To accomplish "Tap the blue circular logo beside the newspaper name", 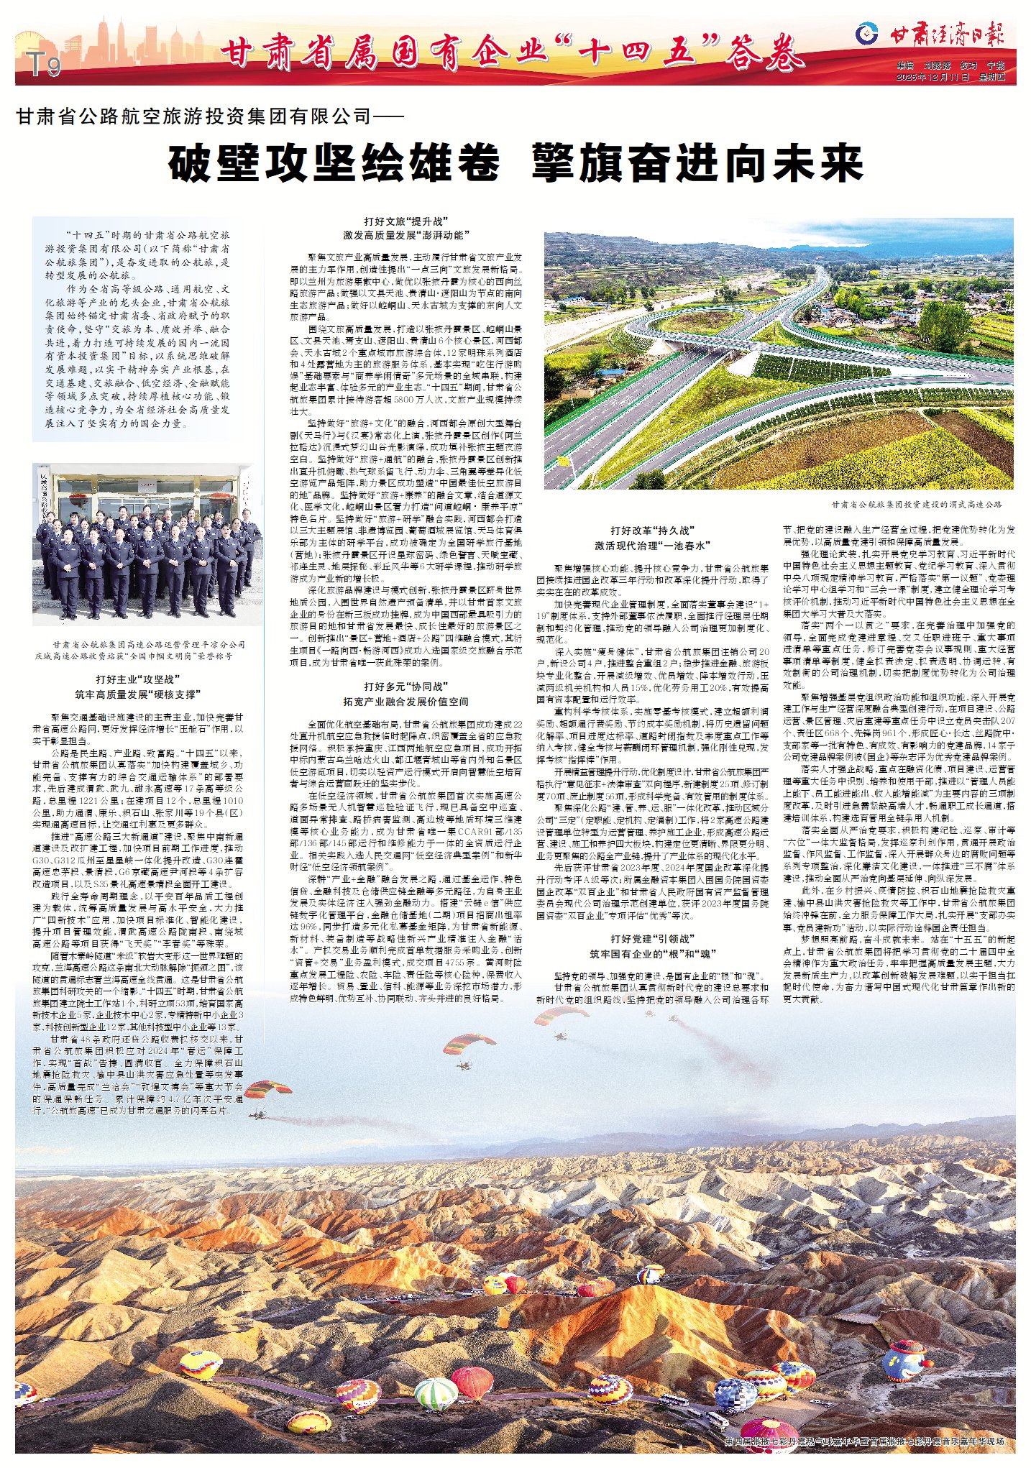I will tap(868, 32).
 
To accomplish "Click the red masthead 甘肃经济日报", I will tap(948, 34).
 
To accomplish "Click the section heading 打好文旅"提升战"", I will tap(405, 221).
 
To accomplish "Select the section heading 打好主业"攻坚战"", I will tap(138, 679).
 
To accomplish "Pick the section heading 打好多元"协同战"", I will tap(405, 687).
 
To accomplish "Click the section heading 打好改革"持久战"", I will tap(652, 531).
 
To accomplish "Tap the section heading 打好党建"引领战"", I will tap(652, 939).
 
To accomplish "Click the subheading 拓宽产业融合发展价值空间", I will tap(405, 702).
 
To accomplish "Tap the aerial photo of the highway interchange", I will tap(778, 354).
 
